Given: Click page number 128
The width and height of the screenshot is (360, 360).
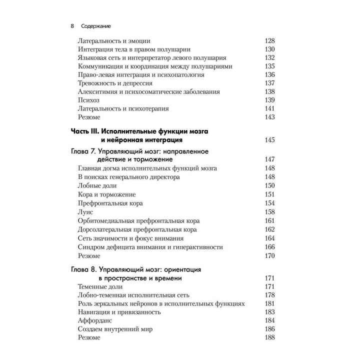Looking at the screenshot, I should coord(269,40).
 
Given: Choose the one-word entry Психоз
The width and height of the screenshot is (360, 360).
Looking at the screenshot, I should coord(89,100).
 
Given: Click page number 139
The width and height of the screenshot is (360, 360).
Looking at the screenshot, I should coord(269,100).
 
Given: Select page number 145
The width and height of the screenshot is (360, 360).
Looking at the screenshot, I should coord(269,140).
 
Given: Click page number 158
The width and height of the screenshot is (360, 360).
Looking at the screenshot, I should coord(269,211).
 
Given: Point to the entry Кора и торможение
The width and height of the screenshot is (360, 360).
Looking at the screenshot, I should coord(107,194).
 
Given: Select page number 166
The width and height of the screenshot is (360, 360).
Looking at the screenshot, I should coord(269,246).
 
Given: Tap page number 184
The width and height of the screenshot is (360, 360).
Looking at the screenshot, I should coord(269,320).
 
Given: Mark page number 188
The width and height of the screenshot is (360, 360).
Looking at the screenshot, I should coord(269,338).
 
